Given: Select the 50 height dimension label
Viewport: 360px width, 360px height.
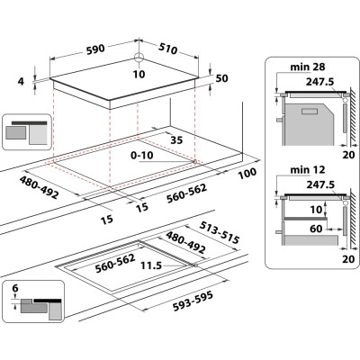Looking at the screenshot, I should pos(221,79).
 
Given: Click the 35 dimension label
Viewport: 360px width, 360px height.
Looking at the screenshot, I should pos(176,140).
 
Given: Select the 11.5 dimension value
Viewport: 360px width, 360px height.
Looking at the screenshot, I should pos(150,266).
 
